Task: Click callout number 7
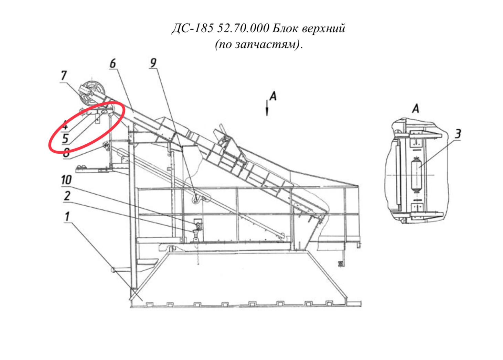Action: pos(64,75)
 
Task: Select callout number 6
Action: pos(113,63)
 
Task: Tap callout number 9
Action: pos(153,63)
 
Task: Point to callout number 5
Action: pos(65,139)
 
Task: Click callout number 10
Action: pos(66,180)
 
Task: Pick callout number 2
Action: pos(67,196)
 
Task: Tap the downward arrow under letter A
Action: pos(267,108)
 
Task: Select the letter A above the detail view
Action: pos(416,109)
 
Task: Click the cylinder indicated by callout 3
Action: pos(416,175)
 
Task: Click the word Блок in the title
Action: pos(285,28)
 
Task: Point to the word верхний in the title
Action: pos(323,29)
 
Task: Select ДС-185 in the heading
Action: pos(193,29)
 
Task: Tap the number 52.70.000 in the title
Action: pos(243,28)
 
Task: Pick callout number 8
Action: pos(66,153)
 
